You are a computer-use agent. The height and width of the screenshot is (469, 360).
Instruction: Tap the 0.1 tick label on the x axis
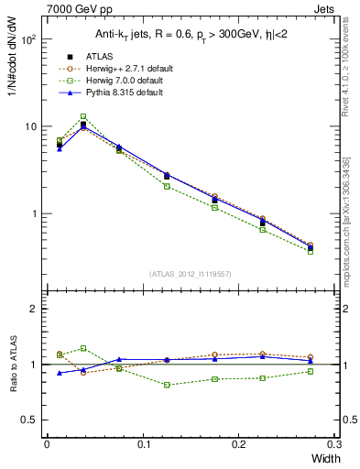point(142,444)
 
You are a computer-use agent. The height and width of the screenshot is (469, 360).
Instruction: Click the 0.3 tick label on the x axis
point(334,444)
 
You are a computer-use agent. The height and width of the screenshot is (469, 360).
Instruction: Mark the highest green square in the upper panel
point(83,116)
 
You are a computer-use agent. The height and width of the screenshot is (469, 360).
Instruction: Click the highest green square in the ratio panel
point(83,348)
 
